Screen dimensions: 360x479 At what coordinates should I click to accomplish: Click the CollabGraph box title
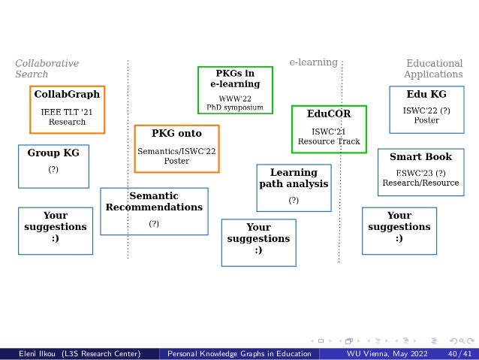(x=67, y=95)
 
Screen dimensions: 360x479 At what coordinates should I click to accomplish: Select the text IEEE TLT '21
(x=67, y=112)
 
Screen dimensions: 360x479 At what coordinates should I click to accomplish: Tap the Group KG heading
(x=53, y=153)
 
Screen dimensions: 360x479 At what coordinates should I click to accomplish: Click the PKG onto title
(x=176, y=133)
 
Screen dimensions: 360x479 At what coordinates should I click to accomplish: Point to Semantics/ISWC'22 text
(x=176, y=151)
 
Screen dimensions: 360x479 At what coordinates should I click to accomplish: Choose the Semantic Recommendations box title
(x=154, y=201)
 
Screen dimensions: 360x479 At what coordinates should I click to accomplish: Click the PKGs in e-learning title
(x=234, y=79)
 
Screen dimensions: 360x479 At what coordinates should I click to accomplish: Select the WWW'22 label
(x=234, y=98)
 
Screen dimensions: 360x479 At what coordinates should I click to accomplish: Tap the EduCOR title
(x=328, y=113)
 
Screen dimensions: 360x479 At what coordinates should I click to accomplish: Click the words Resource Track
(x=328, y=141)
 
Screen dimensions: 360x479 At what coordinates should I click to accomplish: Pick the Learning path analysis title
(x=294, y=178)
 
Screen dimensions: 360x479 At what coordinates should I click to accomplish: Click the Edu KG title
(x=426, y=95)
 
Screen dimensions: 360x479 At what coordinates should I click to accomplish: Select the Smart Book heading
(x=420, y=157)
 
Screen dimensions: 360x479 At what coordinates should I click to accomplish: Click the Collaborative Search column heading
(x=47, y=68)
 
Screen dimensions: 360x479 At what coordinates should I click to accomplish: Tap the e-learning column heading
(x=313, y=62)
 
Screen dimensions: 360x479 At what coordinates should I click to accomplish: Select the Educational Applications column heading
(x=433, y=68)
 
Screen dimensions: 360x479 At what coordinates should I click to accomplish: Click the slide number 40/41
(x=459, y=353)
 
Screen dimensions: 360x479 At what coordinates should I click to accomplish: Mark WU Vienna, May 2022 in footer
(x=381, y=353)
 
